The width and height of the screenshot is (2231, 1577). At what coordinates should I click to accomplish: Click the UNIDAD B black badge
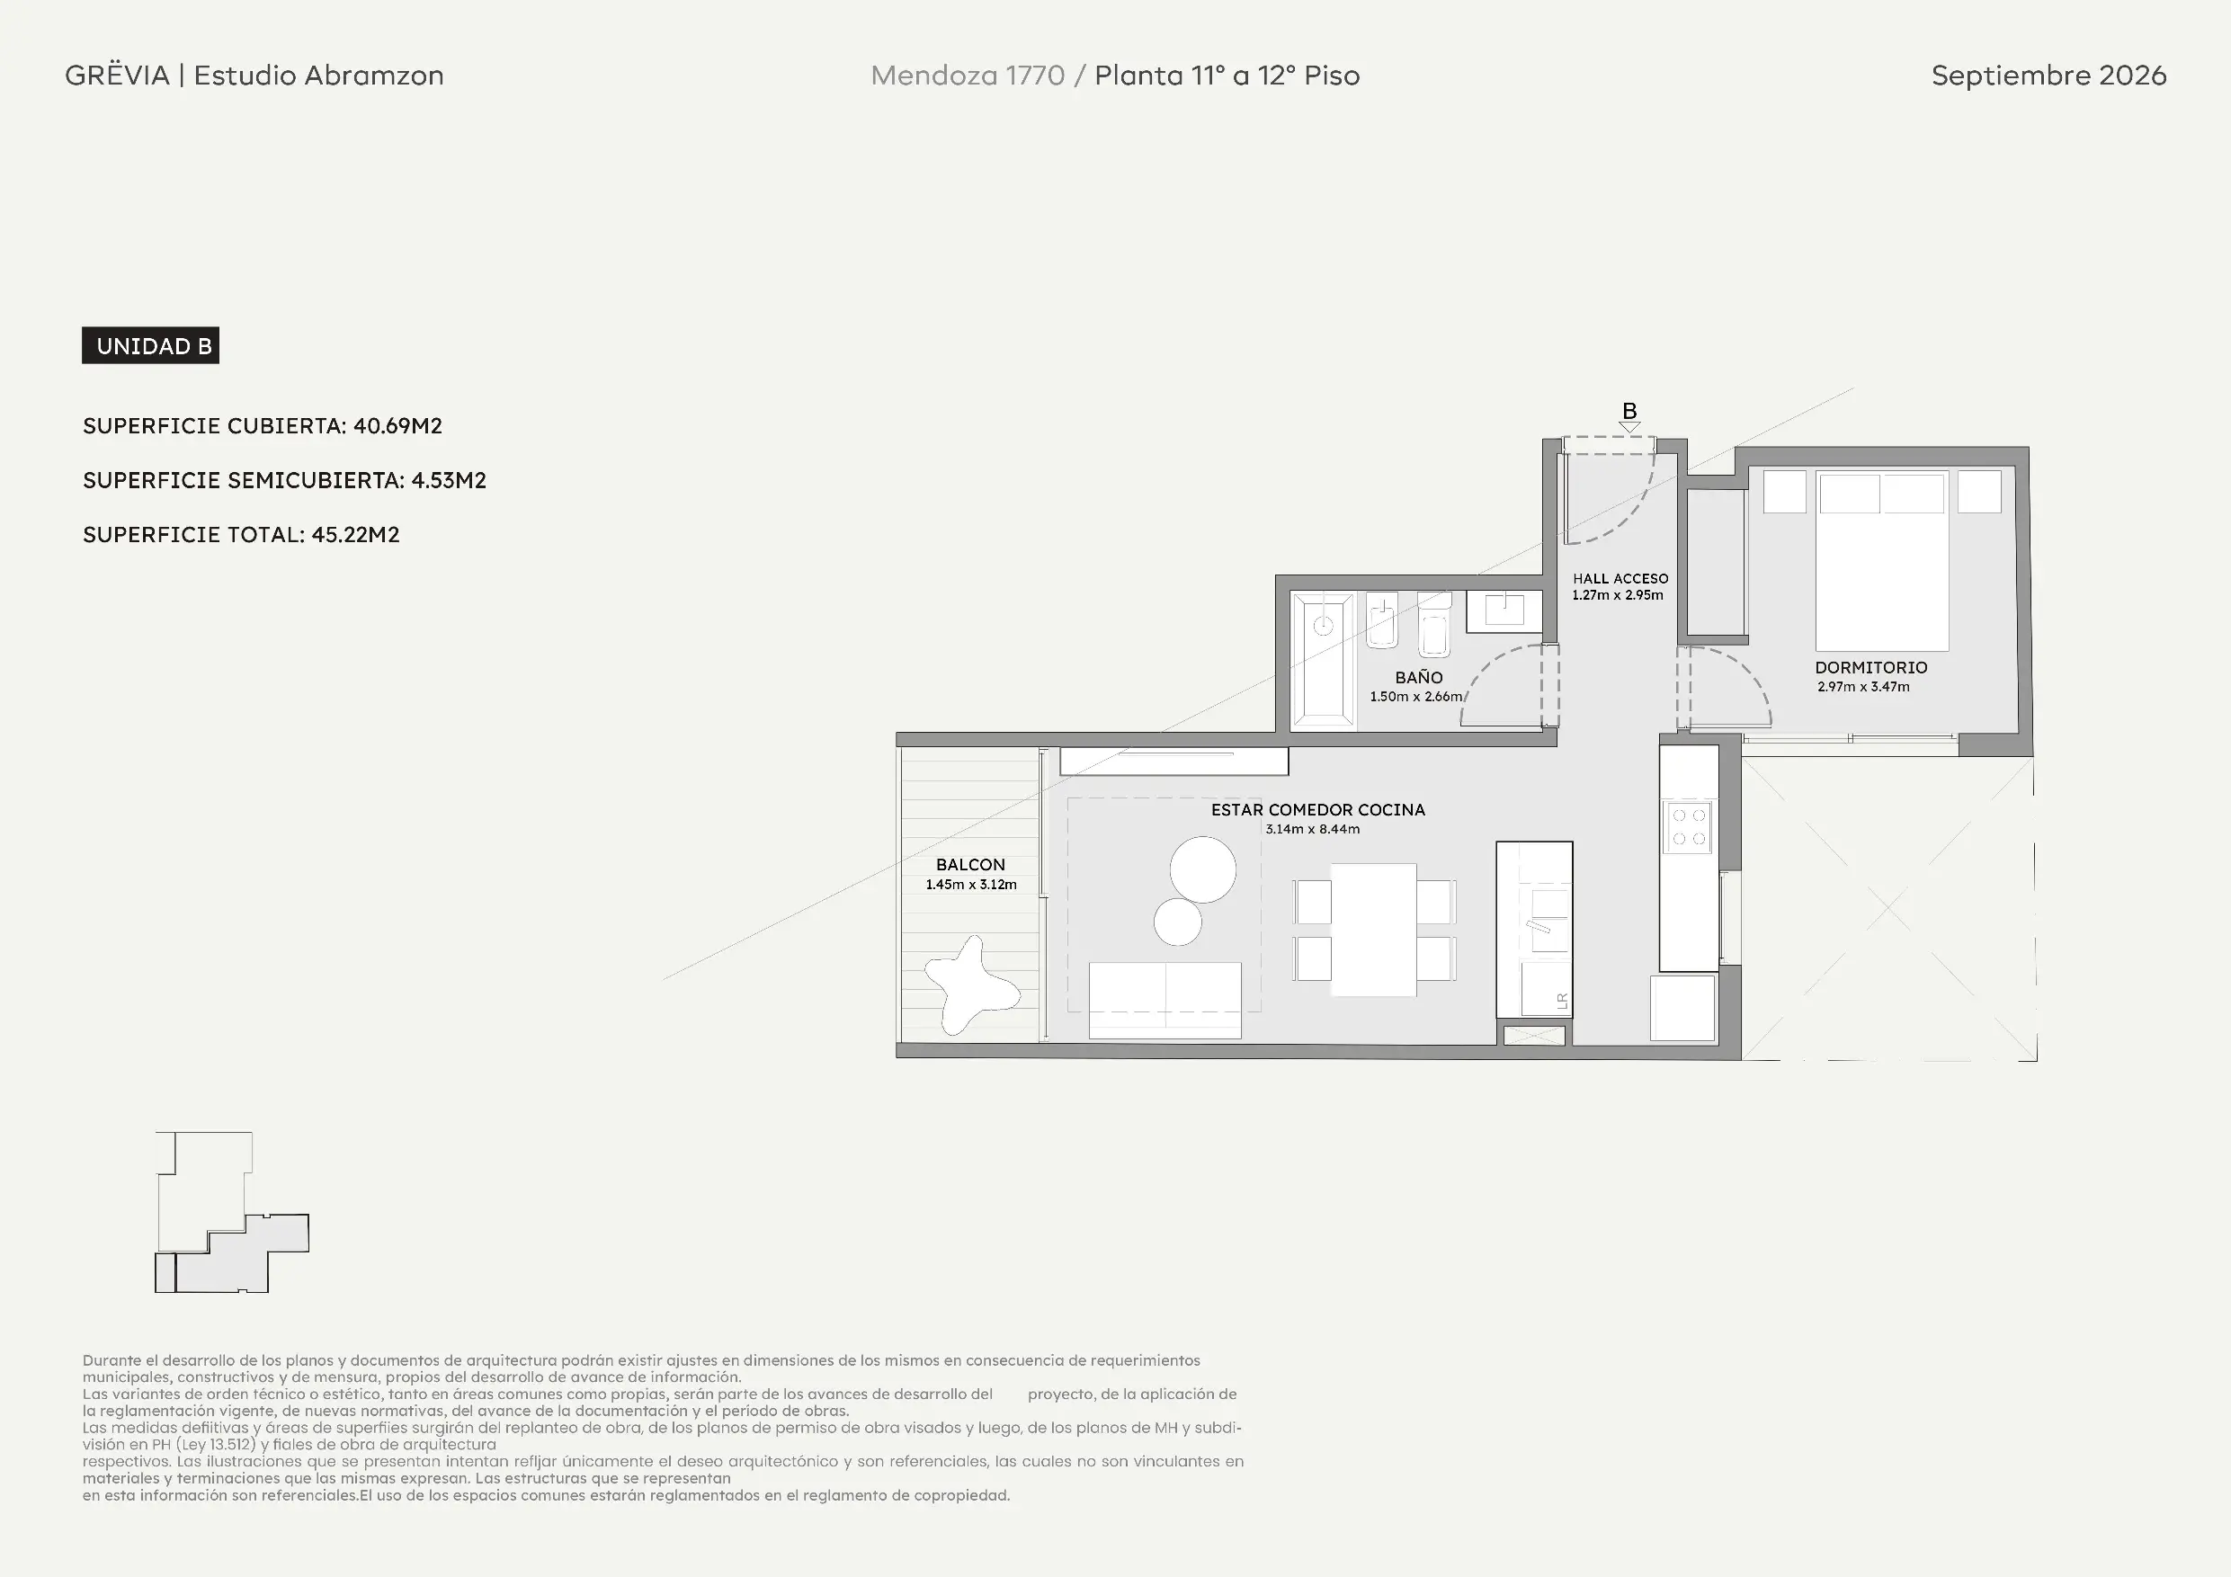tap(150, 346)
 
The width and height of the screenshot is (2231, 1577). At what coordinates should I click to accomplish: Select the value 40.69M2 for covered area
tap(397, 425)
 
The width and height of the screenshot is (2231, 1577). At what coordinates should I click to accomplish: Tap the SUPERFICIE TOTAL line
tap(241, 534)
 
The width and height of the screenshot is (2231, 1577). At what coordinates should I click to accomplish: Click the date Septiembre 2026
tap(2048, 76)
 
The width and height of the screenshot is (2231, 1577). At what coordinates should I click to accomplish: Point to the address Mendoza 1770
tap(968, 76)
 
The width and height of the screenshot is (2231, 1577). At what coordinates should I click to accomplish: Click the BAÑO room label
tap(1419, 677)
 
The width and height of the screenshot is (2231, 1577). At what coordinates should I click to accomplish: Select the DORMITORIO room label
tap(1870, 667)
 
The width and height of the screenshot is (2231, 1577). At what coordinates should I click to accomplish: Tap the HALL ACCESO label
tap(1620, 579)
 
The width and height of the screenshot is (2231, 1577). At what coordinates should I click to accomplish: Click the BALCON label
tap(970, 865)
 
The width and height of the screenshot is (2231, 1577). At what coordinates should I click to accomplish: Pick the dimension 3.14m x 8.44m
tap(1313, 830)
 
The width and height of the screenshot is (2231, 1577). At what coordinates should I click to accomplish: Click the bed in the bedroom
tap(1882, 561)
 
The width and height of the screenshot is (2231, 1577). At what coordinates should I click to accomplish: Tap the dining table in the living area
tap(1373, 930)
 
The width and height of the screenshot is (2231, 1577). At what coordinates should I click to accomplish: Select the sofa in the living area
tap(1165, 1001)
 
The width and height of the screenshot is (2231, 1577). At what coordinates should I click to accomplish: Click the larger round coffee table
tap(1203, 869)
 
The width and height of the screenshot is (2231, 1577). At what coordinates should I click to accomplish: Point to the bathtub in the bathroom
tap(1323, 660)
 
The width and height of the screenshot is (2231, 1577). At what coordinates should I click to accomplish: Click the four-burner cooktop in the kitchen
tap(1689, 827)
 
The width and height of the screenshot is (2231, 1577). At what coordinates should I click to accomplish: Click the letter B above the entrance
tap(1629, 411)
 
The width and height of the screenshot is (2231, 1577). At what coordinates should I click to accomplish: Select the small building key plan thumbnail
tap(232, 1213)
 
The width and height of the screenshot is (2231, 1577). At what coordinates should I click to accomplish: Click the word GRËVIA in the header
tap(118, 76)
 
